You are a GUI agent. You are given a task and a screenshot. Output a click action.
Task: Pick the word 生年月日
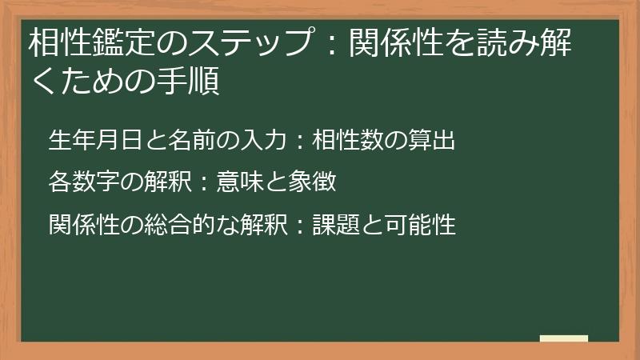pos(94,140)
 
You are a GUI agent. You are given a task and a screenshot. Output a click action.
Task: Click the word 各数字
pos(82,182)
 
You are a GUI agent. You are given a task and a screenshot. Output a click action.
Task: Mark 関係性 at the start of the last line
pos(83,225)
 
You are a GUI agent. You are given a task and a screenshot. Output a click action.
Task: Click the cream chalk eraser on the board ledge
pos(563,339)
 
